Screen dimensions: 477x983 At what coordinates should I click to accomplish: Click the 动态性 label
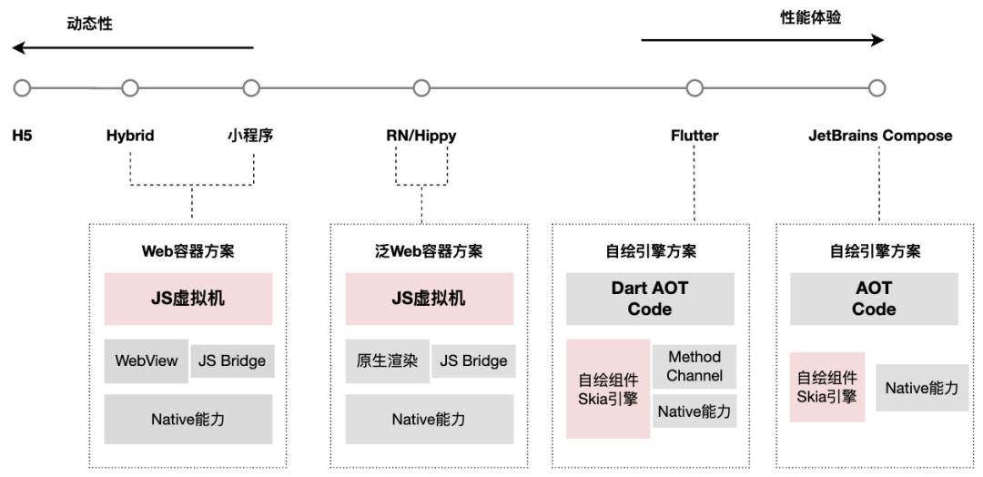click(89, 25)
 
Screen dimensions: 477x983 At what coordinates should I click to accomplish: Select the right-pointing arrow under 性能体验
click(762, 40)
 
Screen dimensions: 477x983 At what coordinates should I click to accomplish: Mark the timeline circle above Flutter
click(694, 88)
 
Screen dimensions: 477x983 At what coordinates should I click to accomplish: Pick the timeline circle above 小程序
click(251, 88)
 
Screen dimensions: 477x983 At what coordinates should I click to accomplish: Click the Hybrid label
click(130, 136)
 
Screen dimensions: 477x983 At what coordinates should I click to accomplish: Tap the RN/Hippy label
click(421, 136)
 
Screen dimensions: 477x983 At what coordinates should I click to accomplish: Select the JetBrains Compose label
click(880, 136)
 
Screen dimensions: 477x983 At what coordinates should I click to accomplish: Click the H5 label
click(22, 136)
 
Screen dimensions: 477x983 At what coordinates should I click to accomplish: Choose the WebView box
click(146, 360)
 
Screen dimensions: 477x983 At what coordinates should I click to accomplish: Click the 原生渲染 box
click(387, 360)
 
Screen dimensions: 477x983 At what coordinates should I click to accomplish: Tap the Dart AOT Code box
click(650, 299)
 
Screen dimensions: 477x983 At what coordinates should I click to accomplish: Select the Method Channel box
click(694, 366)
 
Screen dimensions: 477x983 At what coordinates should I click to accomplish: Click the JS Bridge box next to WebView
click(232, 360)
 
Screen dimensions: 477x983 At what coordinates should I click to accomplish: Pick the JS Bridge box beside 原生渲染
click(473, 360)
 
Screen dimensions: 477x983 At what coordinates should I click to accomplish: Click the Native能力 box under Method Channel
click(694, 411)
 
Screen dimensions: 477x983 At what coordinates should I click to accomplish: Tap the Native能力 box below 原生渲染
click(430, 420)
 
